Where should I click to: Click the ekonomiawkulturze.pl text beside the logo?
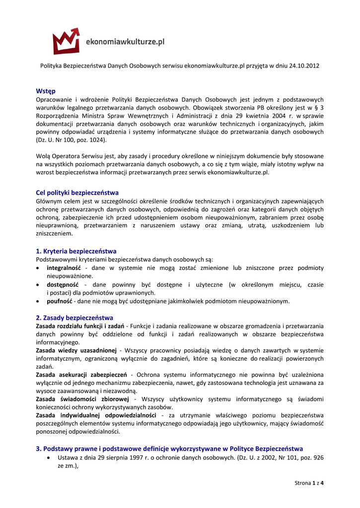(x=125, y=42)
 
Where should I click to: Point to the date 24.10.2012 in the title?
(x=302, y=66)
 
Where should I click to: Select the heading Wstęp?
(x=46, y=91)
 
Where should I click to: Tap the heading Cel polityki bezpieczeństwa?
(x=77, y=192)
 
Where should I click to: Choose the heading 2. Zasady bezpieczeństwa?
(x=74, y=317)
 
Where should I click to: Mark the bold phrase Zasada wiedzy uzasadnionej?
(x=76, y=350)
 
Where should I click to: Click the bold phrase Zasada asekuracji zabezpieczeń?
(x=81, y=375)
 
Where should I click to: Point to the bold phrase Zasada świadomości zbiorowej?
(x=82, y=399)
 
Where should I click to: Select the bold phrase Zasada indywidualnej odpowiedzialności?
(x=96, y=415)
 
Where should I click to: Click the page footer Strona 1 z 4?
(x=309, y=483)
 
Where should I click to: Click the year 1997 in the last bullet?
(x=136, y=457)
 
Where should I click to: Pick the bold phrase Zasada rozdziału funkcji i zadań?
(x=80, y=326)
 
